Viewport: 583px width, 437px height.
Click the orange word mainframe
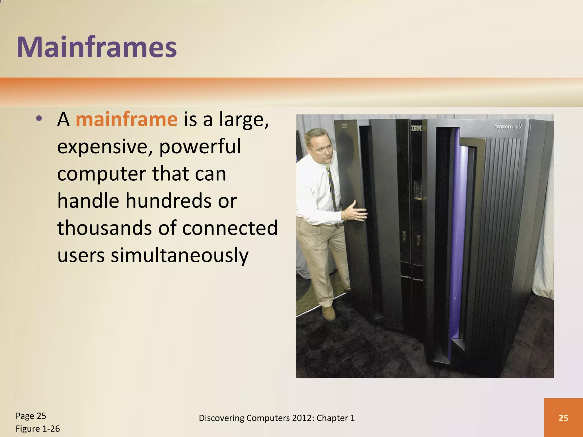point(127,119)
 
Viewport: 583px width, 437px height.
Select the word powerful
point(200,147)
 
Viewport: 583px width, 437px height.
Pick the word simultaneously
point(180,255)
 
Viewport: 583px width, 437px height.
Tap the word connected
point(230,228)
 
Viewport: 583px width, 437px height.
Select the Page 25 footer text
point(31,416)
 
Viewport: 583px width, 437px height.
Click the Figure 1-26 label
point(38,429)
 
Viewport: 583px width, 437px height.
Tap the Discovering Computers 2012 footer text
point(277,418)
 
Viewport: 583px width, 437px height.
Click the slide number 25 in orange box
point(563,418)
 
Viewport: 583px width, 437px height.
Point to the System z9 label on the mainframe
point(508,126)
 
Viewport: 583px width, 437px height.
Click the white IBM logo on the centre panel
point(416,129)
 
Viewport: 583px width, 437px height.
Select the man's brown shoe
point(329,313)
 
